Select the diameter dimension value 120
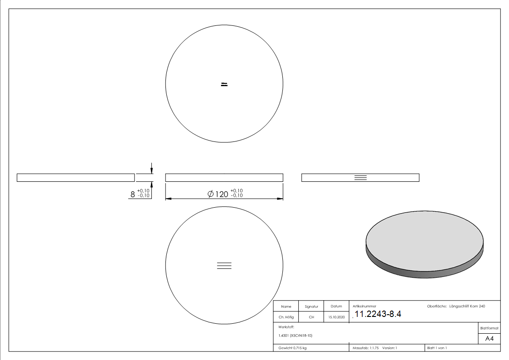click(221, 194)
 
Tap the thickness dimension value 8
click(133, 194)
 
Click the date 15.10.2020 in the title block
click(336, 317)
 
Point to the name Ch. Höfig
click(286, 317)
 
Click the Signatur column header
click(311, 306)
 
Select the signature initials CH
click(311, 317)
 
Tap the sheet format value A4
click(490, 339)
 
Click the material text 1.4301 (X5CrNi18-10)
click(296, 336)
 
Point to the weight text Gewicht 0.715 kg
click(293, 348)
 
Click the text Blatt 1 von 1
click(437, 348)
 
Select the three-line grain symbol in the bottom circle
click(224, 266)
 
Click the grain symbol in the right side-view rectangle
click(360, 177)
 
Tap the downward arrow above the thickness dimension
click(152, 167)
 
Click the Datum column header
click(336, 306)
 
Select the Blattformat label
click(490, 328)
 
